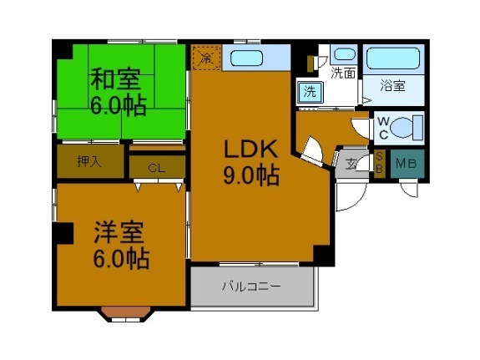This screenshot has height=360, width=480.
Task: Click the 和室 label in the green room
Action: [115, 80]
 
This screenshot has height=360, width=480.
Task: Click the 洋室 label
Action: [119, 231]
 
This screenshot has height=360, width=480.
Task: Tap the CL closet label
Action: [155, 167]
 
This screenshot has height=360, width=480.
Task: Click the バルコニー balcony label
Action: [250, 286]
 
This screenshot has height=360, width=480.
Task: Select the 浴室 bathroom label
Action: [392, 84]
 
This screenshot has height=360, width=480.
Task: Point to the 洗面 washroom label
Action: [343, 73]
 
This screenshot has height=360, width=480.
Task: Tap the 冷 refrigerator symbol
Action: [205, 57]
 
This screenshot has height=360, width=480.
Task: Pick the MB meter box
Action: [407, 163]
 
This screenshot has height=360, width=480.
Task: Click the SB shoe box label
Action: [379, 163]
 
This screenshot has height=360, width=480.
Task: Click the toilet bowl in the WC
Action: [407, 128]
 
